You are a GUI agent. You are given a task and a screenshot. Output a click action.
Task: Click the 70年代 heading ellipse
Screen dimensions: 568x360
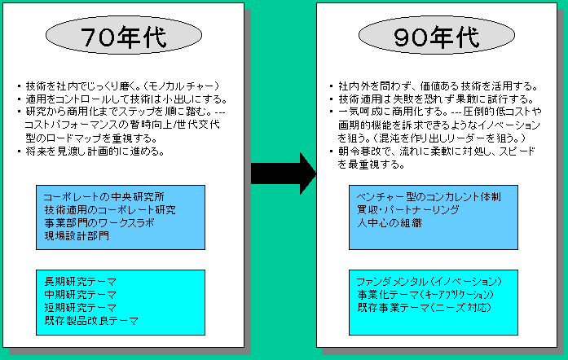click(124, 36)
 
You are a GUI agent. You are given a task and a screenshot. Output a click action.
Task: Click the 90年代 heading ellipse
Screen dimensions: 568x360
click(437, 36)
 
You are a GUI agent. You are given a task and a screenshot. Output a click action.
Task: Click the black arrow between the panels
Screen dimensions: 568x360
click(284, 173)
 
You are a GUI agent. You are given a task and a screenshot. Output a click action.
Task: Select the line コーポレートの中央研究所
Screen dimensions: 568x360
click(104, 197)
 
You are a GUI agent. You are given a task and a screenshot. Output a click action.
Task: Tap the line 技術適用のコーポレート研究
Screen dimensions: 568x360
click(110, 210)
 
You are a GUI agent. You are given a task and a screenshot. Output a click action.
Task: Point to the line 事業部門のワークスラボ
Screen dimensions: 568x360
click(99, 223)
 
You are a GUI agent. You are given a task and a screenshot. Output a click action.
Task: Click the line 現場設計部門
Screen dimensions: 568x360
click(77, 236)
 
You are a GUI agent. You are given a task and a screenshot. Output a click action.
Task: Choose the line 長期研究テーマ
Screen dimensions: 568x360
click(81, 282)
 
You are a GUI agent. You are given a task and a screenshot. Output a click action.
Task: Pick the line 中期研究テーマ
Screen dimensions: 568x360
click(81, 295)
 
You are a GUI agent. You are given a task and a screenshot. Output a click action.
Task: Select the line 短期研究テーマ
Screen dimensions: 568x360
click(81, 308)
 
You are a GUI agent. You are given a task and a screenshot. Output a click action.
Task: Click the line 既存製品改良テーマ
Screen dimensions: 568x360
click(91, 321)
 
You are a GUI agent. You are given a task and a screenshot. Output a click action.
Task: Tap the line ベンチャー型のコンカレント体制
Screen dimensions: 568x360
click(429, 197)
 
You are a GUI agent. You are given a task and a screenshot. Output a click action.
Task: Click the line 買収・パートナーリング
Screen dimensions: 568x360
click(408, 210)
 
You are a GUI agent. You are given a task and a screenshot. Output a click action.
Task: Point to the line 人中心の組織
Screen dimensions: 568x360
click(390, 223)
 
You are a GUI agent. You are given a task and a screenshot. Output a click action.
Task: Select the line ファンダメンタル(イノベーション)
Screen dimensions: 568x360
click(429, 282)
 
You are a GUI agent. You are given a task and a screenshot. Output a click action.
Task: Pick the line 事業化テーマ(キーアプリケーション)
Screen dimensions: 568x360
click(425, 295)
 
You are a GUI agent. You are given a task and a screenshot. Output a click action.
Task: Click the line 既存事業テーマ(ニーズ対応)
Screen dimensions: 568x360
click(425, 308)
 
